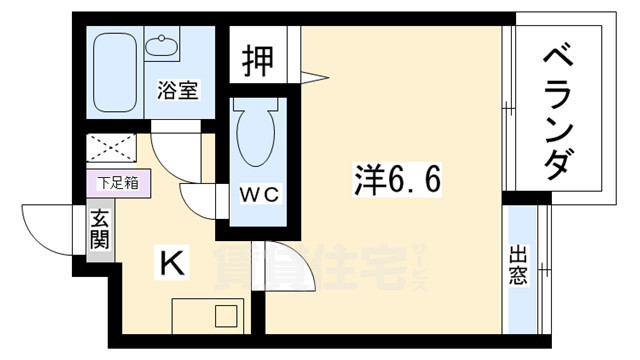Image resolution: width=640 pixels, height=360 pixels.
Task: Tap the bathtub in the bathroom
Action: pyautogui.click(x=116, y=73)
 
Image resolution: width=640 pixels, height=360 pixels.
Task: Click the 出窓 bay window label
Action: pyautogui.click(x=519, y=264)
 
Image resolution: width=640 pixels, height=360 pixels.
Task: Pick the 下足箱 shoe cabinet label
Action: pyautogui.click(x=118, y=183)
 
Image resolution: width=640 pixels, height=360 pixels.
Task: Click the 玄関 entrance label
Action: pyautogui.click(x=101, y=231)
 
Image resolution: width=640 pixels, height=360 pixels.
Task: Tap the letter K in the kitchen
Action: pyautogui.click(x=172, y=264)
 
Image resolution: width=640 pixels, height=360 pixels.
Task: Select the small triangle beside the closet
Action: pyautogui.click(x=316, y=76)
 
